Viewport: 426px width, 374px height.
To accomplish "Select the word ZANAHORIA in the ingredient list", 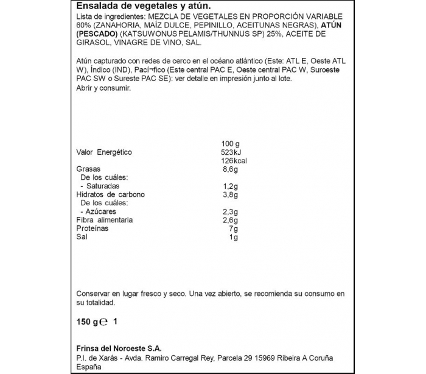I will (x=117, y=26).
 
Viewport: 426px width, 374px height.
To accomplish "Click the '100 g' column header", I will (x=232, y=143).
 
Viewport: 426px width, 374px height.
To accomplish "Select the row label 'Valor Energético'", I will (x=104, y=152).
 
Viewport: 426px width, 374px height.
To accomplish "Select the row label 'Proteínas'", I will (x=92, y=228).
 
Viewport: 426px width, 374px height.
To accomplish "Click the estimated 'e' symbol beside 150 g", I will (x=104, y=322).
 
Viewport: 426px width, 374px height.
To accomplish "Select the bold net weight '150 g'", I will (x=86, y=322).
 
